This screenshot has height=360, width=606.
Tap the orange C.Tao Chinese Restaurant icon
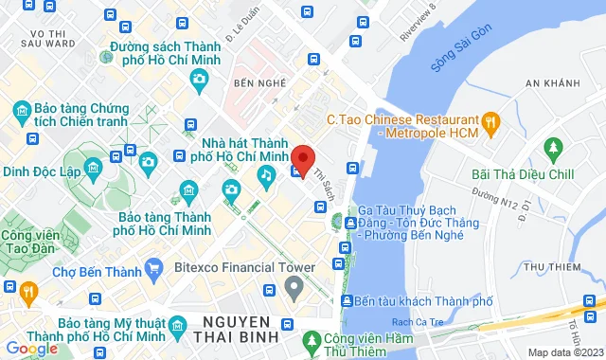490,120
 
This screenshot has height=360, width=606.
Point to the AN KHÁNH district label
551,84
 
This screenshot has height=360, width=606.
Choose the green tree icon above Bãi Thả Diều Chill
553,148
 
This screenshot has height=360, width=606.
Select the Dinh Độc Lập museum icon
93,171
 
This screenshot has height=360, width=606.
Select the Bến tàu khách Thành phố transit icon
345,301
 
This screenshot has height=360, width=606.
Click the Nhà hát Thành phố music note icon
268,174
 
